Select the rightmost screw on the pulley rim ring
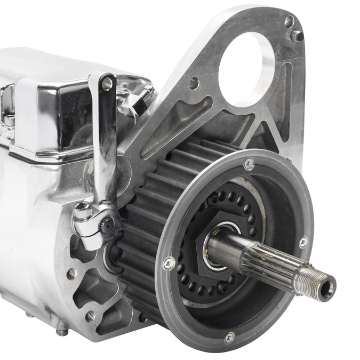(303, 242)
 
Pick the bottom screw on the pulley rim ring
(229, 337)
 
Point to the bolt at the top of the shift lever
(107, 83)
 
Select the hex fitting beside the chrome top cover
(130, 105)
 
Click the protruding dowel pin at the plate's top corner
(297, 36)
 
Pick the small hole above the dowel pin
(289, 22)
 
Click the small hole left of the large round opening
(194, 83)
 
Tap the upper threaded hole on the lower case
(71, 274)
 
